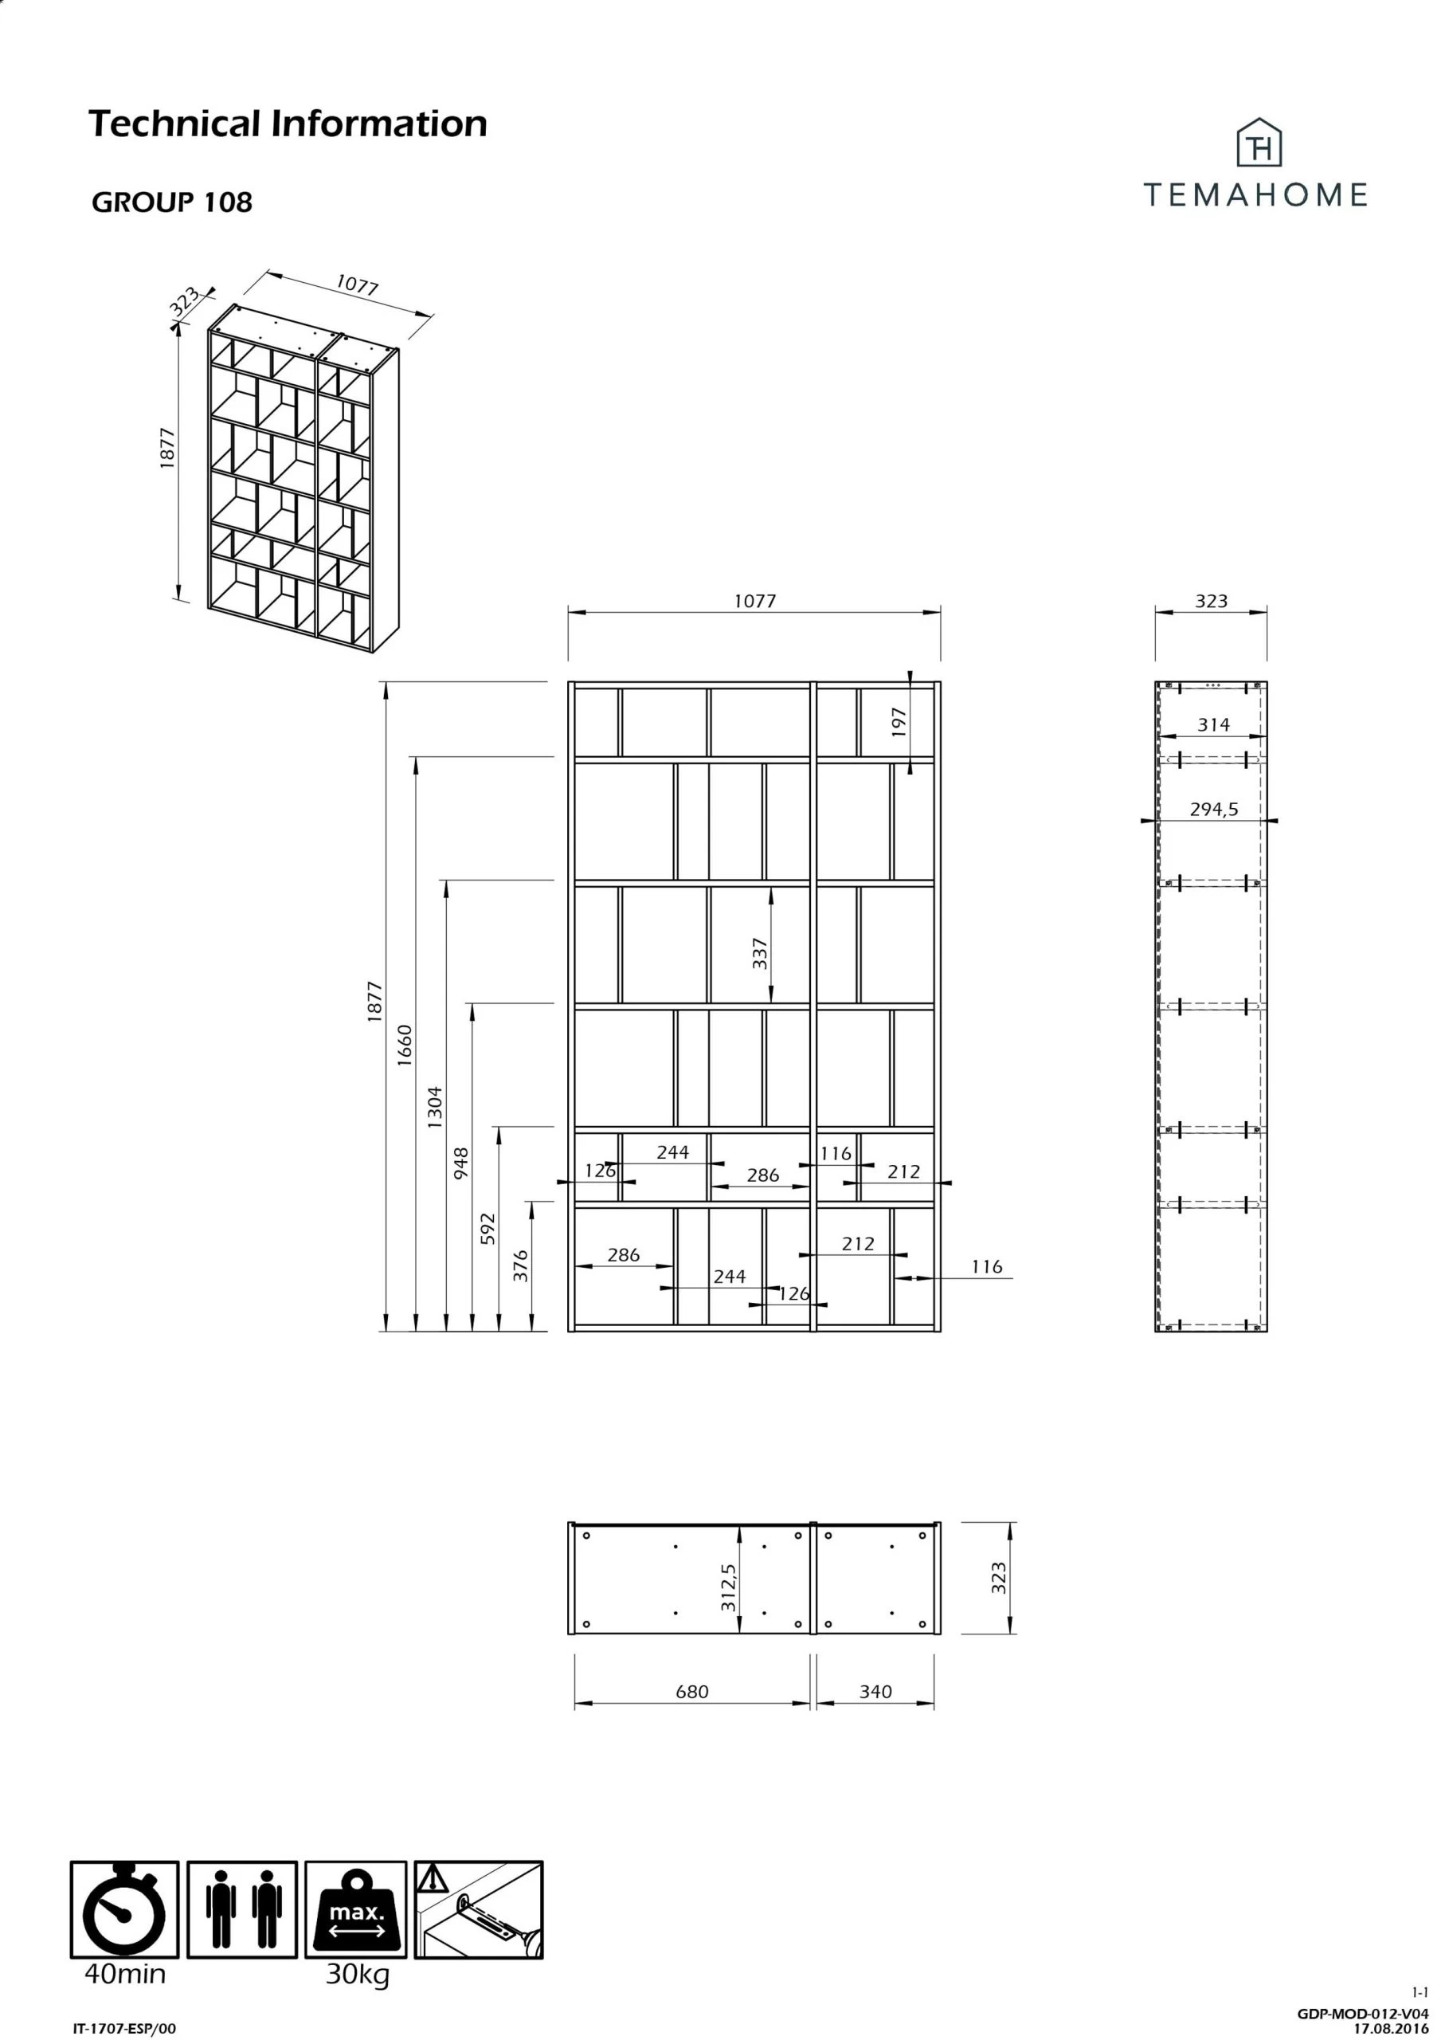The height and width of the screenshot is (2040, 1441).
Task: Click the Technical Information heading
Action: click(x=288, y=124)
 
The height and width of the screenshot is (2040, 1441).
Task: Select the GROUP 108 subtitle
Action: click(x=171, y=202)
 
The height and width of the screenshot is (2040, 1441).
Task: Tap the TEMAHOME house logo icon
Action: click(x=1259, y=143)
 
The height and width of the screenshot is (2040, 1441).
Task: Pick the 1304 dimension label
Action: click(x=434, y=1107)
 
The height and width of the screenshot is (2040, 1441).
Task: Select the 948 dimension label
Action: click(x=461, y=1163)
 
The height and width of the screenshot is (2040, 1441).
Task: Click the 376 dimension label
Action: click(x=521, y=1265)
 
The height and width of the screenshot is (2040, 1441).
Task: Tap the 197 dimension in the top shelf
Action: click(x=899, y=722)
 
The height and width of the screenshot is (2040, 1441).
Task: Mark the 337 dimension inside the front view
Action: click(x=760, y=953)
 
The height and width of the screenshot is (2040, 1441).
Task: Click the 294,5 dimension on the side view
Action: click(x=1213, y=810)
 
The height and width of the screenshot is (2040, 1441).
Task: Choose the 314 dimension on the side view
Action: click(x=1212, y=724)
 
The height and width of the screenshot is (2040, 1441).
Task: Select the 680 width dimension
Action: click(x=691, y=1692)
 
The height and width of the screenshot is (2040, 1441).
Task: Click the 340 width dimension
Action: click(x=875, y=1692)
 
